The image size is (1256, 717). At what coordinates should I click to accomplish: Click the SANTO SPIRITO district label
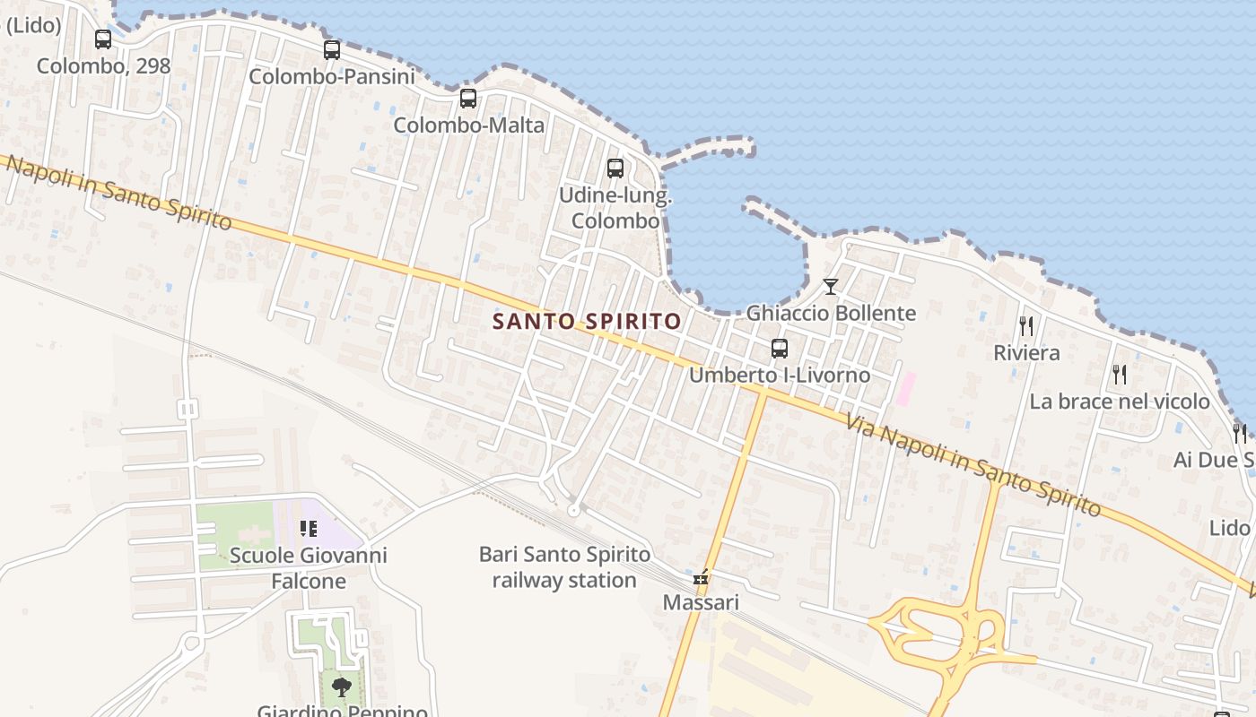pos(587,321)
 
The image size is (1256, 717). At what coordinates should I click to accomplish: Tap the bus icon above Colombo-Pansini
pos(332,50)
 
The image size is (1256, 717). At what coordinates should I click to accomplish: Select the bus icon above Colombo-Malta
pos(467,99)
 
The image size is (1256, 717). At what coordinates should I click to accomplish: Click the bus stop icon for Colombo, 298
pos(103,39)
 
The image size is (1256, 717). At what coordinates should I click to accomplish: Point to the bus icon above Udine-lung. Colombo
pos(615,168)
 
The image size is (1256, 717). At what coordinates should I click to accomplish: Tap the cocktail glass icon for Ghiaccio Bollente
pos(831,287)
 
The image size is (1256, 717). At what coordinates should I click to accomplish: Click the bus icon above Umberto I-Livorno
pos(779,349)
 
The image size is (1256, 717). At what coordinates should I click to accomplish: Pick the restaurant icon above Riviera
pos(1026,326)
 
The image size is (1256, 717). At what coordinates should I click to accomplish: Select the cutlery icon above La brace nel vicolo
pos(1119,375)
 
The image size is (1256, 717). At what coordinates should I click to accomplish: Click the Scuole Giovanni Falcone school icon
pos(309,529)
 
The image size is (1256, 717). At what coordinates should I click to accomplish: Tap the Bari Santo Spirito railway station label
pos(564,567)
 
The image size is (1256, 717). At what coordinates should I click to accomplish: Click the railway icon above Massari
pos(701,577)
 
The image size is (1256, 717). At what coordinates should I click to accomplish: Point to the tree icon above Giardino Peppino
pos(341,687)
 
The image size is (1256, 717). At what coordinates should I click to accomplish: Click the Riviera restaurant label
pos(1026,353)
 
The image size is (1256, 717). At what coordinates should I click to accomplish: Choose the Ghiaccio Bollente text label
pos(831,313)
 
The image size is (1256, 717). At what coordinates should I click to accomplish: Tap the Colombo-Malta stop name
pos(468,125)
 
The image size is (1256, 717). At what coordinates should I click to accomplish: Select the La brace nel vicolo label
pos(1119,402)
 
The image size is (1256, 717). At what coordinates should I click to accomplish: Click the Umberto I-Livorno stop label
pos(779,375)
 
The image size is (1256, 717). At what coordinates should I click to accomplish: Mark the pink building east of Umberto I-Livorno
pos(907,388)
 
